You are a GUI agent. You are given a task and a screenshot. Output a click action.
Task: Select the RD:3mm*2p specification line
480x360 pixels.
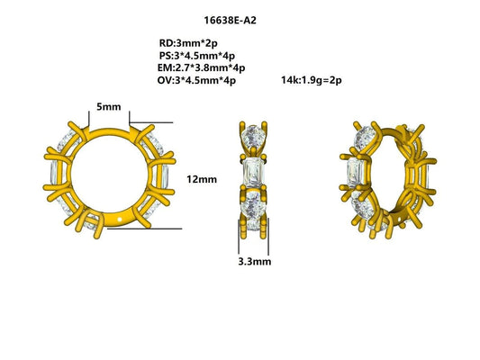[186, 42]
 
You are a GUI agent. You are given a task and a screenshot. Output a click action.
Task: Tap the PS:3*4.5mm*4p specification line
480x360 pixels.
[196, 55]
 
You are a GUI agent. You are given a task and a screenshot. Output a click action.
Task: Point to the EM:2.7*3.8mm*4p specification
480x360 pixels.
[201, 67]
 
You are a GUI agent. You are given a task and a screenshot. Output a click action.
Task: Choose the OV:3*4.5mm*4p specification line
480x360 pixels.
[196, 80]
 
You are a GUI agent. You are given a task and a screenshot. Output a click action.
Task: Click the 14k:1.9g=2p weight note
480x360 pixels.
[312, 80]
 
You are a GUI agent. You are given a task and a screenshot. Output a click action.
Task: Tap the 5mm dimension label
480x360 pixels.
[110, 106]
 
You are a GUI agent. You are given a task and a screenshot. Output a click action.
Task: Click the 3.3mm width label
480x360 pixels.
[255, 262]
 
